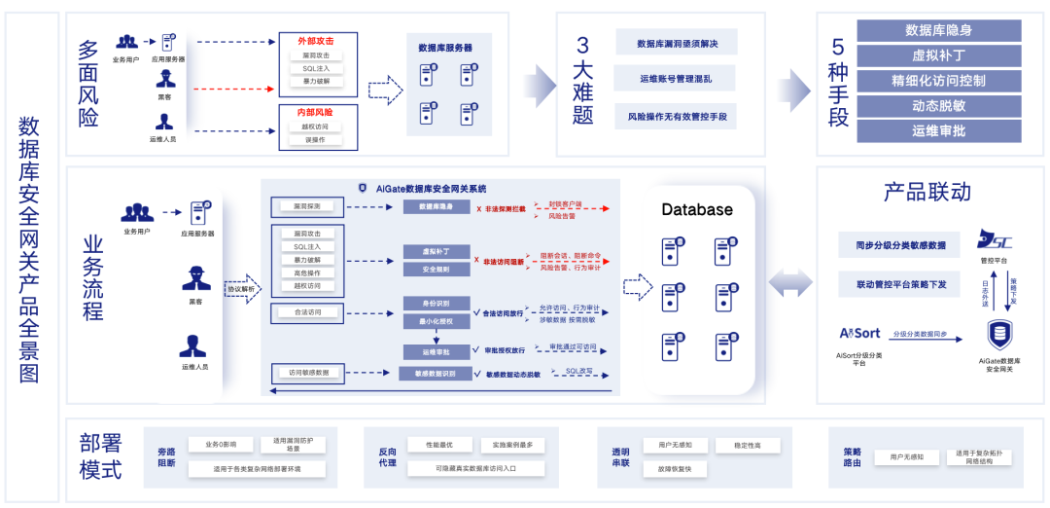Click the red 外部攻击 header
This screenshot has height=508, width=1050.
pyautogui.click(x=316, y=40)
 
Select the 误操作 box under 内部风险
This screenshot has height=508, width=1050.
pyautogui.click(x=316, y=140)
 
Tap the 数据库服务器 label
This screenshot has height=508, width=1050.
pyautogui.click(x=445, y=47)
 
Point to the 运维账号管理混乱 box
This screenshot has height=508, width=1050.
pyautogui.click(x=677, y=79)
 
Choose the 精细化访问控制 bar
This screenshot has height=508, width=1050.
pyautogui.click(x=938, y=80)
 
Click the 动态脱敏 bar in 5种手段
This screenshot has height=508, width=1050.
pyautogui.click(x=938, y=105)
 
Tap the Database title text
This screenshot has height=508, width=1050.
pyautogui.click(x=697, y=209)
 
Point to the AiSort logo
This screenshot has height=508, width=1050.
pyautogui.click(x=859, y=333)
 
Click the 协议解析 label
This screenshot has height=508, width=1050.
pyautogui.click(x=241, y=288)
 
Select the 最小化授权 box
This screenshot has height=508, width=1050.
pyautogui.click(x=437, y=320)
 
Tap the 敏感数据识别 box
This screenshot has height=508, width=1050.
pyautogui.click(x=436, y=374)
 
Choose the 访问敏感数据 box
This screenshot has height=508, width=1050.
pyautogui.click(x=309, y=373)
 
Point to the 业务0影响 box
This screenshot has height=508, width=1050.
pyautogui.click(x=220, y=444)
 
